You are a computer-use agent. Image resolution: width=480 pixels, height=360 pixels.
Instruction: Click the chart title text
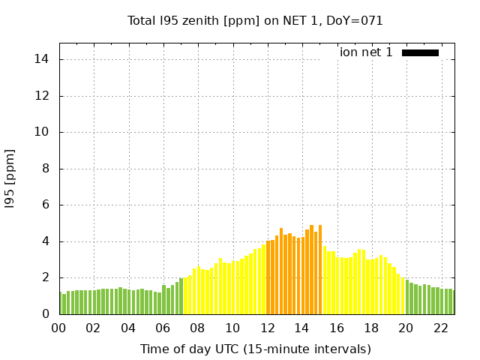click(255, 20)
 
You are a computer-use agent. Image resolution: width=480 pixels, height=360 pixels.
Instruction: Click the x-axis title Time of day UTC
click(255, 349)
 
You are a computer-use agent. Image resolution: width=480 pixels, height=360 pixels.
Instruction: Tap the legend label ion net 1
click(366, 52)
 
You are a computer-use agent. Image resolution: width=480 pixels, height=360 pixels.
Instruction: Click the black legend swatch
click(420, 52)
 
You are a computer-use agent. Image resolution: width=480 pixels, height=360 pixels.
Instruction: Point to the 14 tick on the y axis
click(44, 59)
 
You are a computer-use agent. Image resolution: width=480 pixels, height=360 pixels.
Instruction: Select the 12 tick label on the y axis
click(44, 96)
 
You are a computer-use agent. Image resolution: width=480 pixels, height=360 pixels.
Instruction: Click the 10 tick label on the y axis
click(44, 132)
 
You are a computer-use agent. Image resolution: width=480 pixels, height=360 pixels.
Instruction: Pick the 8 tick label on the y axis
click(47, 169)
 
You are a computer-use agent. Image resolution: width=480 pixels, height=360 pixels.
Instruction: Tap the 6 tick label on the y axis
click(47, 205)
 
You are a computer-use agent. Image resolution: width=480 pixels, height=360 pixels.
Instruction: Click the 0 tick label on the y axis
click(47, 314)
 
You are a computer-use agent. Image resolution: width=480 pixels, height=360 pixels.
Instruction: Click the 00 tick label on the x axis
click(59, 328)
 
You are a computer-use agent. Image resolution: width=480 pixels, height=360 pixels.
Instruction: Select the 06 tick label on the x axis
click(163, 328)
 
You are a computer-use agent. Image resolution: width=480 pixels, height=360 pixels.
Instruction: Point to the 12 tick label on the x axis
click(267, 328)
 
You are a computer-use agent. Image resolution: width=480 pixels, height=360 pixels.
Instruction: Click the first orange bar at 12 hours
click(268, 277)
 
